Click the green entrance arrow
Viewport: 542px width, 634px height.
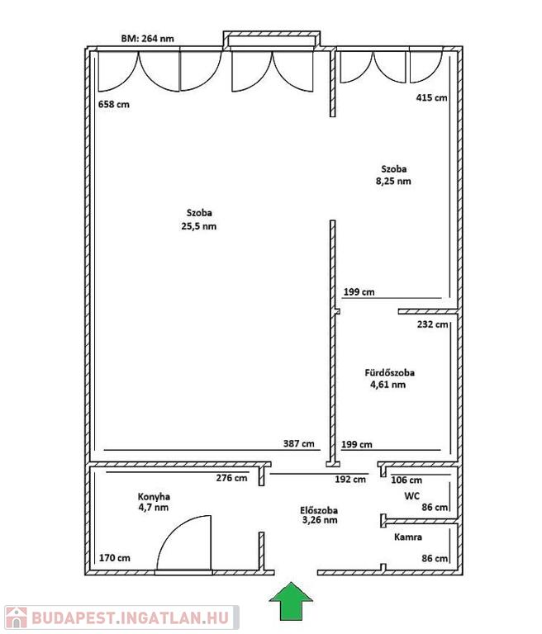291,601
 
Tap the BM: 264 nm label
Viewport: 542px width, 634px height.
148,39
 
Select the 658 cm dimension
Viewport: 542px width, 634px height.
114,104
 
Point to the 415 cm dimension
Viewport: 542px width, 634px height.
431,97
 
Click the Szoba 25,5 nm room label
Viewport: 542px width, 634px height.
199,220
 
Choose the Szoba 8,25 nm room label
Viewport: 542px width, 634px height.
393,175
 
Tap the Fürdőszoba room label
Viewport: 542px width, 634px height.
389,378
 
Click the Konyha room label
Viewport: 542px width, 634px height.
154,502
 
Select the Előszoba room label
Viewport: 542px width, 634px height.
320,515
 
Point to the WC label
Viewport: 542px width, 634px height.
411,495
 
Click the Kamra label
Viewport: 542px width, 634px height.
408,537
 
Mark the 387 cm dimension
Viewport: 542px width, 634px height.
299,443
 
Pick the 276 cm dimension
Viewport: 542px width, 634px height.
231,478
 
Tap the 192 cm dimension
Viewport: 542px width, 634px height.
350,480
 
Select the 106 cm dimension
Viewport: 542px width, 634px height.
406,480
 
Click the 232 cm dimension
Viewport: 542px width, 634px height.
433,324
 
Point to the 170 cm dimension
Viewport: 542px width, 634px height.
115,558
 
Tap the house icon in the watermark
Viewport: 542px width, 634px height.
17,617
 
